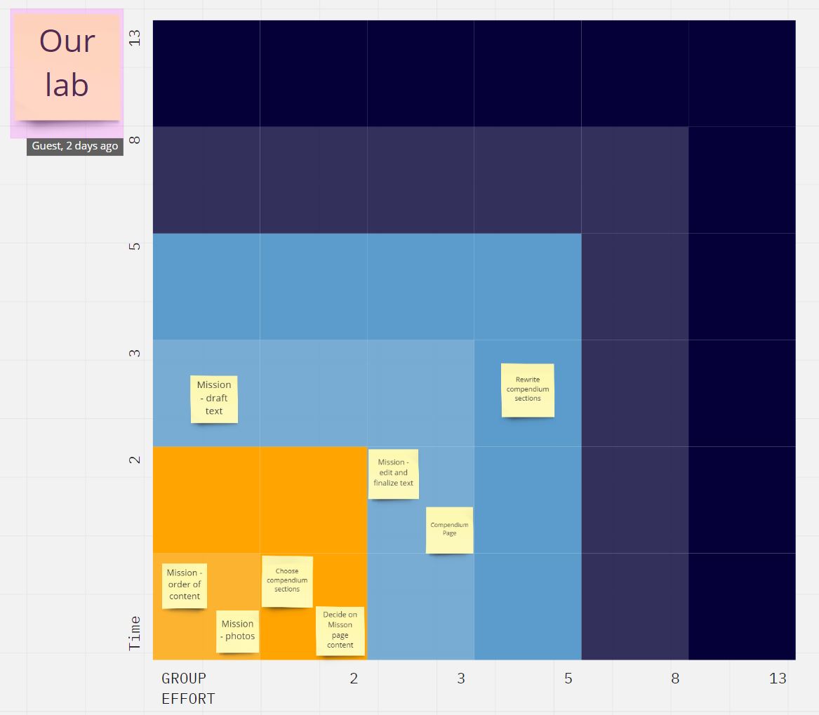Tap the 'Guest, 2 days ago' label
tap(75, 147)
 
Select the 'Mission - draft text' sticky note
tap(214, 399)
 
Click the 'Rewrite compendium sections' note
tap(528, 389)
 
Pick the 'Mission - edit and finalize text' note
tap(393, 474)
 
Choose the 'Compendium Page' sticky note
tap(450, 530)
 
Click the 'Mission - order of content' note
tap(184, 585)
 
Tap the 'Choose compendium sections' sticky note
tap(287, 581)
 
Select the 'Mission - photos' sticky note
tap(237, 631)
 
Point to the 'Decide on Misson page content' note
tap(340, 630)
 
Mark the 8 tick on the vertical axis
tap(135, 140)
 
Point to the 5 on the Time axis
tap(135, 246)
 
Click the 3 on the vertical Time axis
tap(135, 353)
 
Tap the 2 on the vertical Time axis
tap(135, 460)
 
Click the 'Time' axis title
tap(135, 633)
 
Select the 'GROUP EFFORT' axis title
tap(188, 688)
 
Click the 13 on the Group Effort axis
tap(778, 679)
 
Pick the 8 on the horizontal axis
tap(674, 679)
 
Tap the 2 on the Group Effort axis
tap(354, 679)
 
